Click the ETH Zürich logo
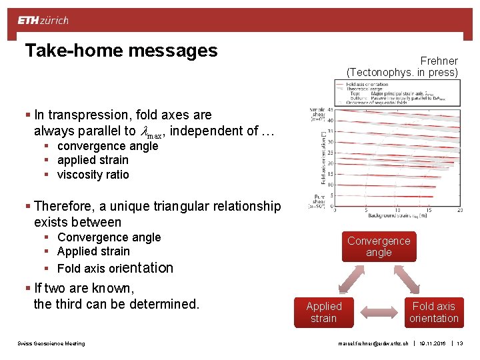pos(43,20)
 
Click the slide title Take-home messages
pos(121,51)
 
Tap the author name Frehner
pos(439,61)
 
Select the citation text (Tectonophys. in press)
pos(402,72)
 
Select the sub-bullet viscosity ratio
pos(93,175)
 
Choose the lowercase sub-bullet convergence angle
pos(107,146)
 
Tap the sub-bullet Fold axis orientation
pos(115,268)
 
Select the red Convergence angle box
pos(379,247)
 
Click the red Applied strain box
pos(323,312)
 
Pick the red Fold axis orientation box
pos(433,312)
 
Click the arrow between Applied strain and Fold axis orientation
pos(379,312)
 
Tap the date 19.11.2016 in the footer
pos(434,343)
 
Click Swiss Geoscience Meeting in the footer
pos(51,343)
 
